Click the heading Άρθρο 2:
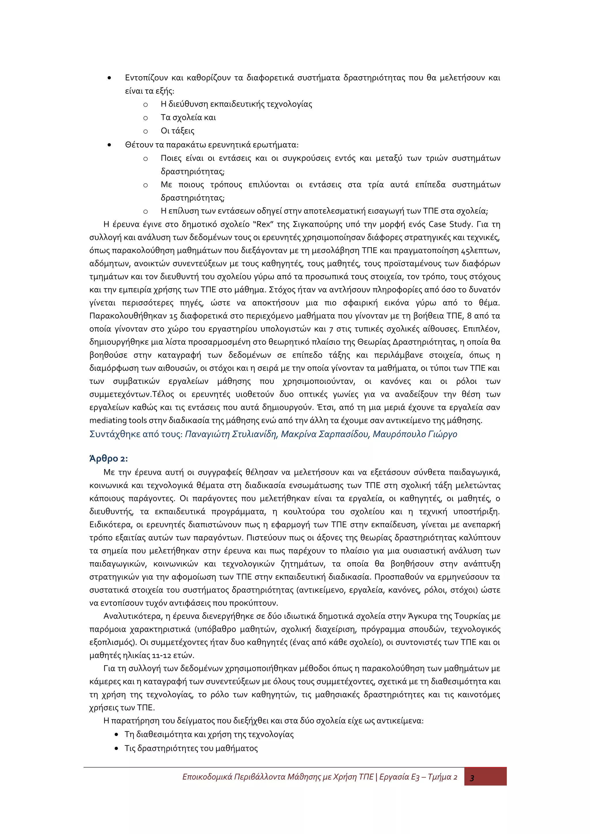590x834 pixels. coord(108,458)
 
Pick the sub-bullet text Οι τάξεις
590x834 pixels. coord(177,131)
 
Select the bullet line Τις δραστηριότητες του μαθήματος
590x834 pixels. coord(191,748)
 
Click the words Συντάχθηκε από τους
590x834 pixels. coord(136,434)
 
